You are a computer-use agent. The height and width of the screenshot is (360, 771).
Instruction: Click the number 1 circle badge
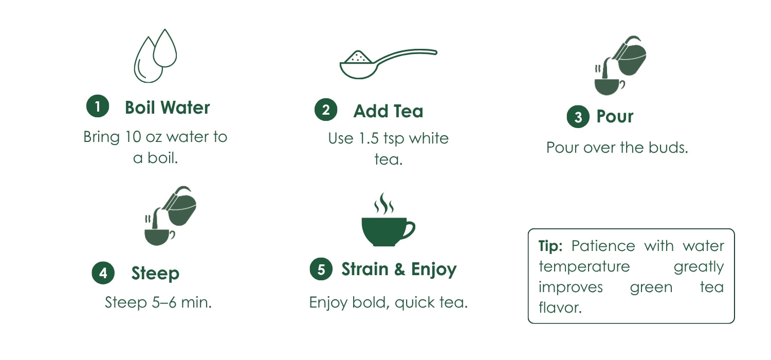pyautogui.click(x=98, y=106)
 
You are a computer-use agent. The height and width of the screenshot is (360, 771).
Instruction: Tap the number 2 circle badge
pyautogui.click(x=326, y=110)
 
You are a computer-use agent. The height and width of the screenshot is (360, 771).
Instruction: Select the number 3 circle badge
pyautogui.click(x=578, y=116)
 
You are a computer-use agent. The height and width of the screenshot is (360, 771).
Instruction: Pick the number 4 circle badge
pyautogui.click(x=103, y=273)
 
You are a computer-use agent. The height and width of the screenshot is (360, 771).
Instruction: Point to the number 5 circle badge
pyautogui.click(x=321, y=269)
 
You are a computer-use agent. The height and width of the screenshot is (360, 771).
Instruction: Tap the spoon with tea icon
pyautogui.click(x=388, y=64)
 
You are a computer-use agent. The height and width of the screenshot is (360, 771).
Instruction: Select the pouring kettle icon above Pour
pyautogui.click(x=620, y=65)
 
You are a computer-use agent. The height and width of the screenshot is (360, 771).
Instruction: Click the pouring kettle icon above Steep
pyautogui.click(x=170, y=215)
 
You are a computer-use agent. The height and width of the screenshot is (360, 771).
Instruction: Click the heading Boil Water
pyautogui.click(x=167, y=107)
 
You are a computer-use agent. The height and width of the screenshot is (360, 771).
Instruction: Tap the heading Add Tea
pyautogui.click(x=388, y=111)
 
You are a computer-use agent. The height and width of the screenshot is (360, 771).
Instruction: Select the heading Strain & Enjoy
pyautogui.click(x=399, y=269)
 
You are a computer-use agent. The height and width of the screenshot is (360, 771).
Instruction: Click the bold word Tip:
pyautogui.click(x=550, y=246)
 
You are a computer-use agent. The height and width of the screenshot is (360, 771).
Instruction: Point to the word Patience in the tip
pyautogui.click(x=603, y=246)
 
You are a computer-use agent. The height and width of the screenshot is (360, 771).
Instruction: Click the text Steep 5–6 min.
pyautogui.click(x=158, y=302)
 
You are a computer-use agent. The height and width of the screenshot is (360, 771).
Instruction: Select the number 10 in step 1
pyautogui.click(x=133, y=137)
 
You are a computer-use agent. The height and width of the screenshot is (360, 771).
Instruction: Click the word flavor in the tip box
pyautogui.click(x=560, y=308)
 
